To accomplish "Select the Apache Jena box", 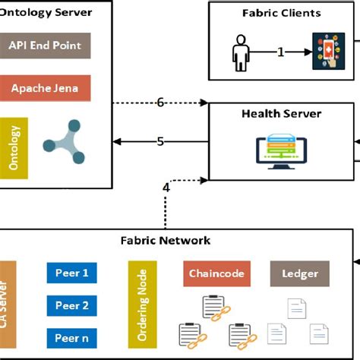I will coord(46,88).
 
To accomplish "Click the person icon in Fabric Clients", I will coord(242,53).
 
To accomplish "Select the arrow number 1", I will coord(280,52).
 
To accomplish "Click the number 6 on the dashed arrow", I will coord(160,103).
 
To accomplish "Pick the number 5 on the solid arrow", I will coord(160,141).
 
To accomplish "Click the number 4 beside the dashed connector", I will coord(166,188).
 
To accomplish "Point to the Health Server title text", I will coord(281,114).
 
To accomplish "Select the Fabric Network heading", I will coord(166,241).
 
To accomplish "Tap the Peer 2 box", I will coord(72,305).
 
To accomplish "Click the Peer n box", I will coord(72,338).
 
